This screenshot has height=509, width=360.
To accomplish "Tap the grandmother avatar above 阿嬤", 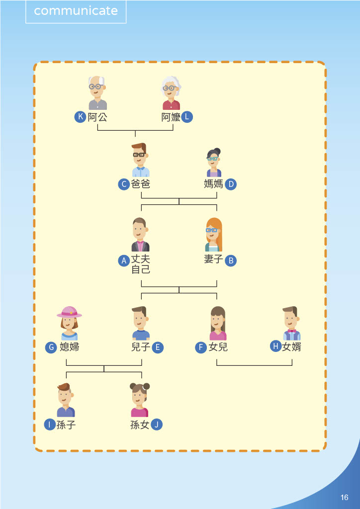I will pos(171,93).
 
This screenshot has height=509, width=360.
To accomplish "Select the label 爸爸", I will pos(140,184).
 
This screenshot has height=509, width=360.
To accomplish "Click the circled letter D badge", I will pos(230,184).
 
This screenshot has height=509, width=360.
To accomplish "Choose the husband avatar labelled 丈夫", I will pos(140,235).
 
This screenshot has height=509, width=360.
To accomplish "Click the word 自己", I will pos(140,269).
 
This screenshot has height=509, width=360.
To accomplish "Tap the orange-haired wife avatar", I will pos(213,235).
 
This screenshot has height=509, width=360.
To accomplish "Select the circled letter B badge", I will pos(230,260).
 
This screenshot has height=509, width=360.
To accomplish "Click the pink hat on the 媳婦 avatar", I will pos(69,312).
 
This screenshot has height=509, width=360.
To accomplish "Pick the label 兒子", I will pos(141,347).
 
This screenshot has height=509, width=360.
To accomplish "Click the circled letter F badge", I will pos(200,347).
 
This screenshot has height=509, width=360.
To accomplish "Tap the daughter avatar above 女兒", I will pos(218,323).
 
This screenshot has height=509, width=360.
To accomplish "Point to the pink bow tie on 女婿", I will pos(291,331).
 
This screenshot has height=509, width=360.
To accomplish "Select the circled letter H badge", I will pos(275,346).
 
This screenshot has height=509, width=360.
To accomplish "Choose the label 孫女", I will pos(140,425).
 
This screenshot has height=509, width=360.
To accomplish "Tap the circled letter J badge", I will pos(157,425).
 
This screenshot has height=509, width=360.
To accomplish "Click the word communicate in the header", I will pos(76,11).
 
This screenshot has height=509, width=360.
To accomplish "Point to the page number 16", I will pos(345,498).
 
